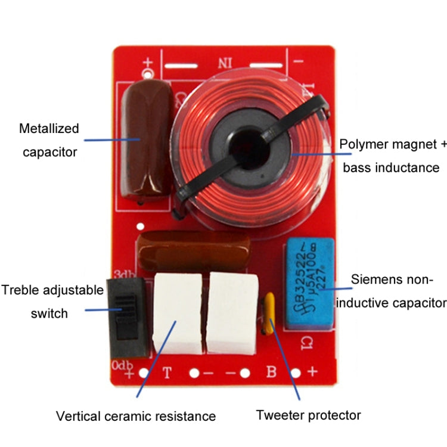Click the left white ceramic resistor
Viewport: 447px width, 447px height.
(x=177, y=313)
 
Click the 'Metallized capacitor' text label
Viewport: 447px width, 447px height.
(x=49, y=140)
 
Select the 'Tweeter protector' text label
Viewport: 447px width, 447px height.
(x=308, y=415)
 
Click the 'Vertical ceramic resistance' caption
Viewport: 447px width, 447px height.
(x=136, y=415)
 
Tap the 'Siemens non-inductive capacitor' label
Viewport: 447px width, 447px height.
(x=390, y=290)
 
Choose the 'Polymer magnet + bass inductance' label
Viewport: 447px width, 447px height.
(x=390, y=156)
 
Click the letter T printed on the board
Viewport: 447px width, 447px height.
(x=167, y=374)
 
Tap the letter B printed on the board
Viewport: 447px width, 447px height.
(x=271, y=374)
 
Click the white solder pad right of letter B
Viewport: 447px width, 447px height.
(x=296, y=374)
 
